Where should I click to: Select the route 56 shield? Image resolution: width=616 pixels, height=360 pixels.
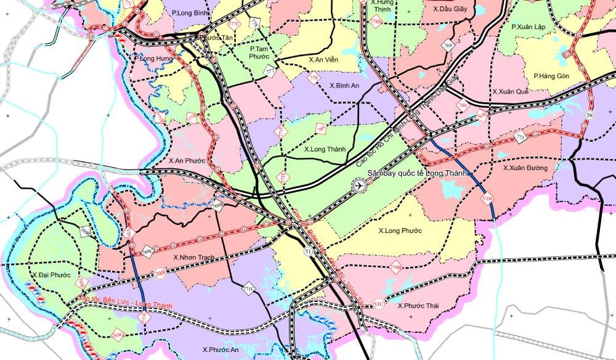(x=590, y=116)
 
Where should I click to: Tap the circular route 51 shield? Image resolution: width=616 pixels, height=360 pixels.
(x=307, y=252)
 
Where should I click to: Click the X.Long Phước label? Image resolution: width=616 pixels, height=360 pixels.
(x=400, y=231)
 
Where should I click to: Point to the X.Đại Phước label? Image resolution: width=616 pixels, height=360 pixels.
(x=51, y=274)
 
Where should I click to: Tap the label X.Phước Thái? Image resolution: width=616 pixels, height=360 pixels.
(x=418, y=306)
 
